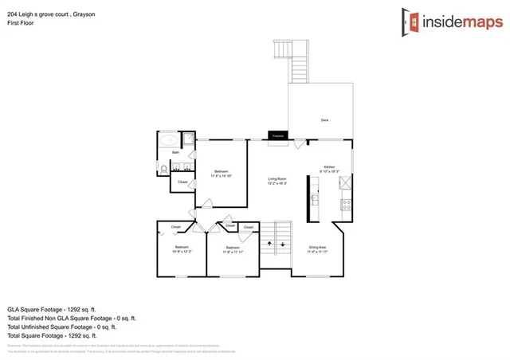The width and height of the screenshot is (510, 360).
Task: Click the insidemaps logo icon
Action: point(413,22)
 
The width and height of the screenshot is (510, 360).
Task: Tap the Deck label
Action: point(324,120)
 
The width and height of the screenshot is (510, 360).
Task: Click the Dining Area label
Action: point(317,249)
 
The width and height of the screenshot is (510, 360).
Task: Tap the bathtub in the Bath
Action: point(169,140)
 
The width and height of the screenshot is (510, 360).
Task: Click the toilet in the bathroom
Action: point(163,169)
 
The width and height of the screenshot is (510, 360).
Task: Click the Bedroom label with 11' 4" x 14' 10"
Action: point(222,173)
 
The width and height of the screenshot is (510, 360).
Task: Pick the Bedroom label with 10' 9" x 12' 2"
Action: point(181,249)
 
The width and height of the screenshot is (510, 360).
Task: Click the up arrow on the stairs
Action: point(269,243)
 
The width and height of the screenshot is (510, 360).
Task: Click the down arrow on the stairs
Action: point(283,243)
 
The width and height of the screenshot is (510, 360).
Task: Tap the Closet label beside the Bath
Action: point(182,182)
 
